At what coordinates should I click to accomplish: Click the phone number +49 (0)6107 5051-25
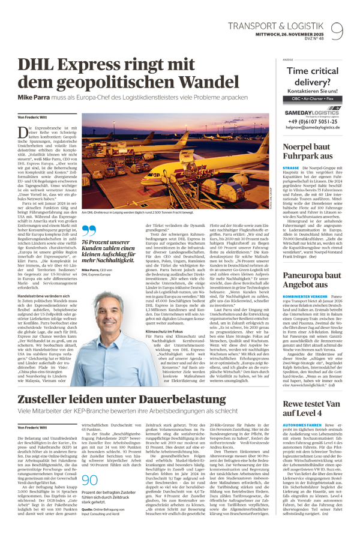[314, 122]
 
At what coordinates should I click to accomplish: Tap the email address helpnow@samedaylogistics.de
[314, 129]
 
